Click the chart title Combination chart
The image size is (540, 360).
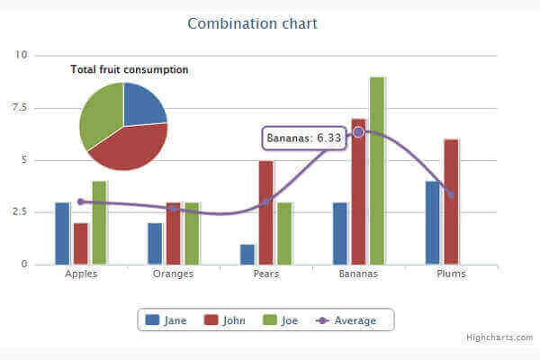pyautogui.click(x=252, y=23)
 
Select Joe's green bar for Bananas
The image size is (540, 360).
pyautogui.click(x=377, y=171)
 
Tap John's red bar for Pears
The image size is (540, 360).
pyautogui.click(x=265, y=212)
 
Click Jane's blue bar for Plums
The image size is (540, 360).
pyautogui.click(x=433, y=223)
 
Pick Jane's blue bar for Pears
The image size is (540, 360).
pyautogui.click(x=247, y=254)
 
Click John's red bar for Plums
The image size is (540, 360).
pyautogui.click(x=451, y=202)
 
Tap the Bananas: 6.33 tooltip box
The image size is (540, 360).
pyautogui.click(x=304, y=139)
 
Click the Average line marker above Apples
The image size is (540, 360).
pyautogui.click(x=80, y=202)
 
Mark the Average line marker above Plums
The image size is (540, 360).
pyautogui.click(x=451, y=194)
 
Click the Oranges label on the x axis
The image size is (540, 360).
pyautogui.click(x=173, y=274)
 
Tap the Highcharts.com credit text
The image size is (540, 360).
pyautogui.click(x=499, y=337)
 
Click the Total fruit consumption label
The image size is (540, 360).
pyautogui.click(x=130, y=69)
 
